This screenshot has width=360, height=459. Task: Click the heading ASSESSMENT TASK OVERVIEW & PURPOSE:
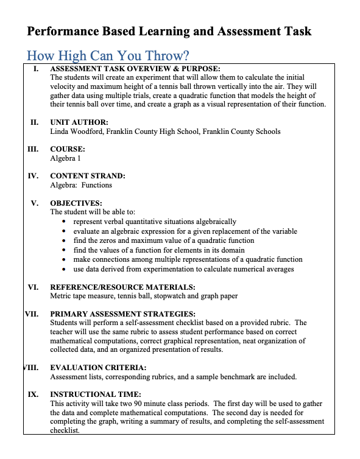[x=135, y=69]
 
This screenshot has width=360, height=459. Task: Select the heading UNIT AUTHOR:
[x=79, y=122]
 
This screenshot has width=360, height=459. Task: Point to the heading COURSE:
[x=67, y=149]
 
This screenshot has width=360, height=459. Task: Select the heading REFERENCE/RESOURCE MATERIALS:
[x=122, y=287]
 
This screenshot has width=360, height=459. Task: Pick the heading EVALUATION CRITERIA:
[x=97, y=368]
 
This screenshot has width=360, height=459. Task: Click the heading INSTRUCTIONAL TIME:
[x=95, y=394]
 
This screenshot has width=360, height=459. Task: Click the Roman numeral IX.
[x=34, y=394]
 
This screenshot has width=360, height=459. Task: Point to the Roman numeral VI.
[x=34, y=287]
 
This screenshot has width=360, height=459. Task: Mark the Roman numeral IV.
[x=34, y=176]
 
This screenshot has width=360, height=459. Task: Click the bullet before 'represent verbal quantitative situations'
[x=65, y=222]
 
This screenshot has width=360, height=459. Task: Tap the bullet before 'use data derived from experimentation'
[x=65, y=269]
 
